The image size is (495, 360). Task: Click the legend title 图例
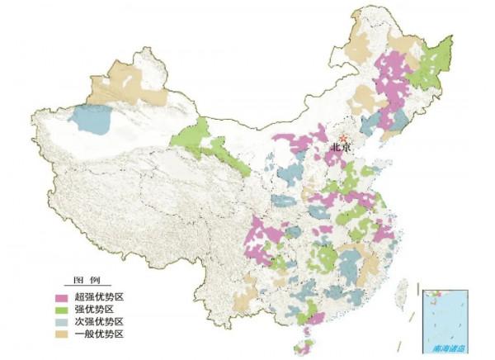click(87, 281)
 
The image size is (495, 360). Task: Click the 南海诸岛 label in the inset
click(445, 348)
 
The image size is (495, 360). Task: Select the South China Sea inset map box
click(445, 321)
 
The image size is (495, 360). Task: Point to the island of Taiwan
click(403, 289)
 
